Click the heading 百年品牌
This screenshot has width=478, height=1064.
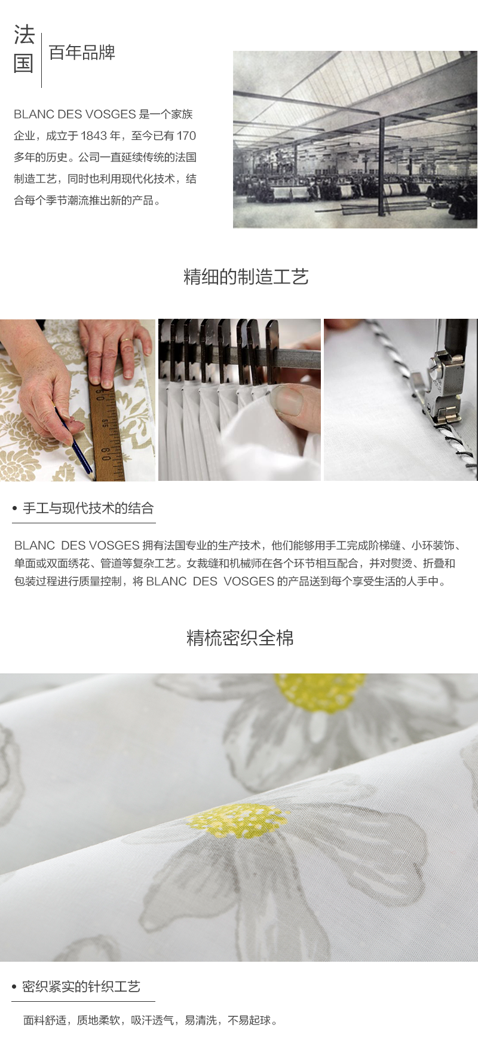pyautogui.click(x=82, y=53)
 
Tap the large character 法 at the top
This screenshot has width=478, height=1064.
pyautogui.click(x=24, y=35)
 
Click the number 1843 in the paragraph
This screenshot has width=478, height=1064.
pyautogui.click(x=93, y=136)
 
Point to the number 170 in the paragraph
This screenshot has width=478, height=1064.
pyautogui.click(x=186, y=136)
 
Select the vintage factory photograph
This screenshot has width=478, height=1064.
pyautogui.click(x=355, y=139)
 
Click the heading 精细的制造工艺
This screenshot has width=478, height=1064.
pyautogui.click(x=246, y=277)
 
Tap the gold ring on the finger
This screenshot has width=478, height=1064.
pyautogui.click(x=127, y=340)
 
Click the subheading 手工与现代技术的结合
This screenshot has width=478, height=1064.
pyautogui.click(x=88, y=508)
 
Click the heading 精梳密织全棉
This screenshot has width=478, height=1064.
pyautogui.click(x=240, y=638)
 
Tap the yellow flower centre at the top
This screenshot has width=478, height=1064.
pyautogui.click(x=319, y=693)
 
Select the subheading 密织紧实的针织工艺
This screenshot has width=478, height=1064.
pyautogui.click(x=81, y=987)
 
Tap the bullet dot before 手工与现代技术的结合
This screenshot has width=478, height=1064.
pyautogui.click(x=15, y=509)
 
